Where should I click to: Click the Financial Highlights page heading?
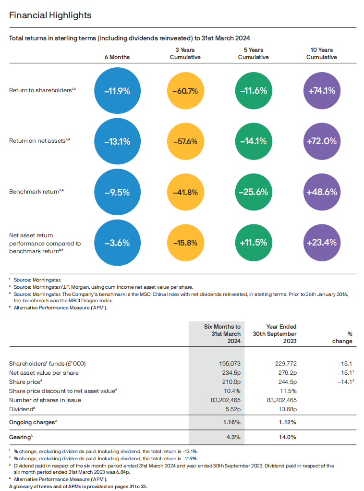click(50, 15)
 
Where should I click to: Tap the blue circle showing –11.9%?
click(117, 91)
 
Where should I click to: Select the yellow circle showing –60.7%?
click(185, 91)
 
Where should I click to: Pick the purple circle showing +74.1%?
click(322, 91)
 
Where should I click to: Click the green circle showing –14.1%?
click(254, 141)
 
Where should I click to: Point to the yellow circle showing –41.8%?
click(185, 192)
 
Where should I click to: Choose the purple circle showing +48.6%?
click(322, 192)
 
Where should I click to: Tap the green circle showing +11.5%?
click(254, 243)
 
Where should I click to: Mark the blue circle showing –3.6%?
click(117, 243)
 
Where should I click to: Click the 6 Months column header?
click(117, 57)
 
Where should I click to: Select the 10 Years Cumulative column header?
click(321, 53)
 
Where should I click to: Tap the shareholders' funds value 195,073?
click(230, 364)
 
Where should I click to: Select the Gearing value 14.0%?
click(287, 437)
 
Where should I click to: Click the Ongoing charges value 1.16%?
click(231, 422)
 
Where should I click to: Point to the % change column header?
click(342, 338)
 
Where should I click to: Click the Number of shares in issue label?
click(45, 400)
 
